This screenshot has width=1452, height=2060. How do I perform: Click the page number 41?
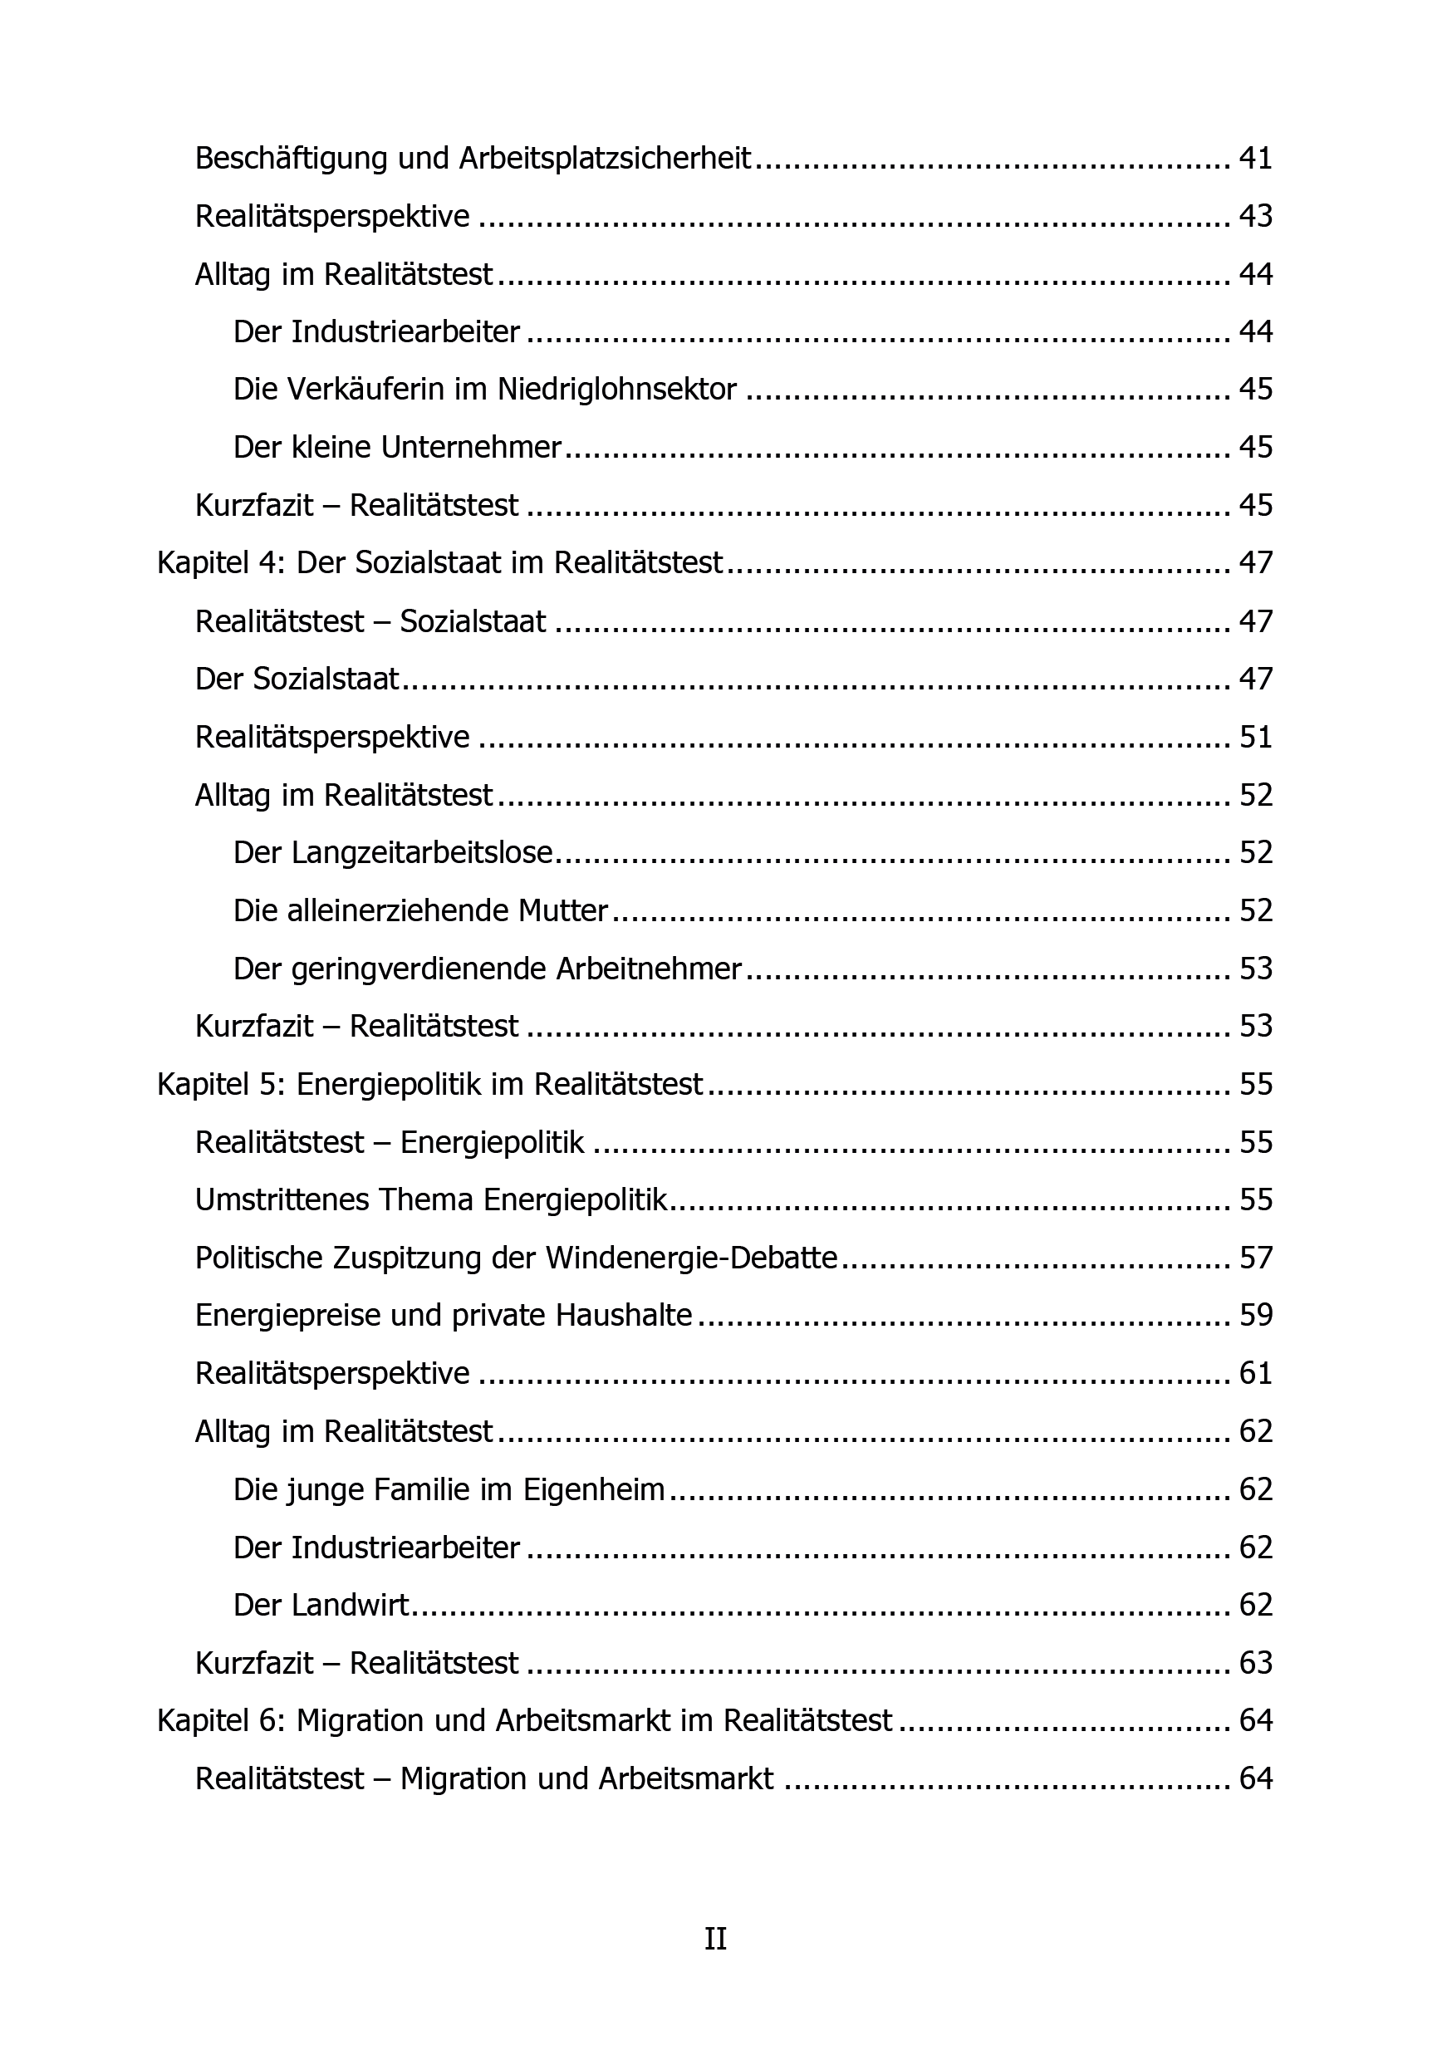pyautogui.click(x=1255, y=159)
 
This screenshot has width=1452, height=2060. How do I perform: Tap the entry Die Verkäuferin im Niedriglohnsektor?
pyautogui.click(x=484, y=390)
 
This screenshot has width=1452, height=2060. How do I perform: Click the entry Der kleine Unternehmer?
pyautogui.click(x=397, y=447)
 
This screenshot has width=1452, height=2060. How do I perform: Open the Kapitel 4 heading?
pyautogui.click(x=439, y=562)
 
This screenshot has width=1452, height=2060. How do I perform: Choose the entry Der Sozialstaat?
pyautogui.click(x=297, y=679)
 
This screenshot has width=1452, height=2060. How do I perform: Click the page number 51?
pyautogui.click(x=1255, y=737)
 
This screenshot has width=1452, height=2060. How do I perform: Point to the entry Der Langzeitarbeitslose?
pyautogui.click(x=393, y=852)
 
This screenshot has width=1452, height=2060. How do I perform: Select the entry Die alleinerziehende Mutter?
pyautogui.click(x=420, y=910)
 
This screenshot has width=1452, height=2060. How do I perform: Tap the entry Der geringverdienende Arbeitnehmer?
pyautogui.click(x=488, y=969)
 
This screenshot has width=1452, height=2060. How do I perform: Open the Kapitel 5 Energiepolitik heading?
pyautogui.click(x=429, y=1085)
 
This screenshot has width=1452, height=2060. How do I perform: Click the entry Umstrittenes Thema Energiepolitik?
pyautogui.click(x=432, y=1200)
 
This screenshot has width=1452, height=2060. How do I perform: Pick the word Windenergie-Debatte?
pyautogui.click(x=691, y=1258)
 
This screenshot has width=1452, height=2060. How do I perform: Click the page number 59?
pyautogui.click(x=1255, y=1315)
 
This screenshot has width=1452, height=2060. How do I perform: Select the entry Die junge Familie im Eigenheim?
pyautogui.click(x=449, y=1489)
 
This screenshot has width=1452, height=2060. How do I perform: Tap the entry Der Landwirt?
pyautogui.click(x=321, y=1605)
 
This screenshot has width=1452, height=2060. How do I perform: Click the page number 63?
pyautogui.click(x=1255, y=1662)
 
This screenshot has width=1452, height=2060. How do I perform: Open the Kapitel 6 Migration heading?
pyautogui.click(x=525, y=1721)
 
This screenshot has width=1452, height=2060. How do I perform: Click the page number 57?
pyautogui.click(x=1255, y=1258)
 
